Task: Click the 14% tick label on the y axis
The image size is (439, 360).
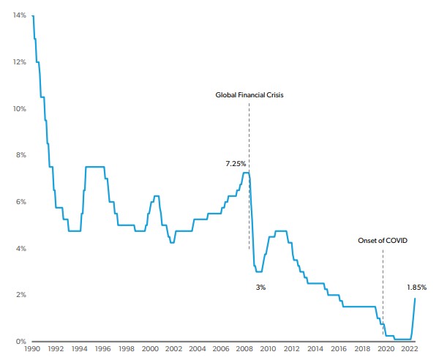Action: [18, 15]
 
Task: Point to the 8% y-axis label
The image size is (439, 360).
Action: [20, 155]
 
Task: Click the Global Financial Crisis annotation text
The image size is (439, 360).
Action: [249, 95]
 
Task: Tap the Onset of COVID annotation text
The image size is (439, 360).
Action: [383, 240]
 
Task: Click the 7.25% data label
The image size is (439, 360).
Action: [236, 164]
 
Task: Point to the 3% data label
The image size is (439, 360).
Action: [260, 288]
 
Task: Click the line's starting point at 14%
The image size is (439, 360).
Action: [33, 15]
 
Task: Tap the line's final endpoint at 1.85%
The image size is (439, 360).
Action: [416, 298]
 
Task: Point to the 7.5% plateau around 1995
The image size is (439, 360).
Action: [95, 167]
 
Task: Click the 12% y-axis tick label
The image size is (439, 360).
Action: [18, 62]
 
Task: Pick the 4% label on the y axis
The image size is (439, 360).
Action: [20, 249]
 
